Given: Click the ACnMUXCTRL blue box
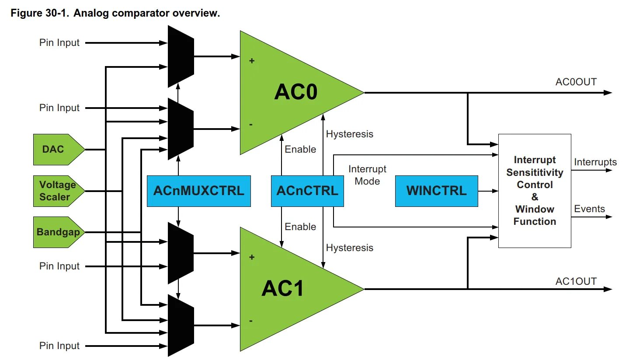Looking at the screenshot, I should pos(198,191).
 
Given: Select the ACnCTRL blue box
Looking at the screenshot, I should pos(307,191).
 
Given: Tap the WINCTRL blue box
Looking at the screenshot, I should pos(436,191).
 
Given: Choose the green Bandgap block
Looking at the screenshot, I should pos(57,232).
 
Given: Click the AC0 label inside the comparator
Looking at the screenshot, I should pos(296,92).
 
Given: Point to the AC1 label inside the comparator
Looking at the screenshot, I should pos(283,289).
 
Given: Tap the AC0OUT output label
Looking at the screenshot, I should pos(576,82).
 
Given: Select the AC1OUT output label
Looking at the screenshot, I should pos(576,282).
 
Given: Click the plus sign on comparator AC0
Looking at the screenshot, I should pos(252,61).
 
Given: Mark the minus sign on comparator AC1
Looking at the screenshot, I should pos(251,321).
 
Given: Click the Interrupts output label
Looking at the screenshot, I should pos(595,162).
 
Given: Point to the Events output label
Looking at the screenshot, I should pos(589,209).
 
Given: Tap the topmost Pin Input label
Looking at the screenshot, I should pos(59,43).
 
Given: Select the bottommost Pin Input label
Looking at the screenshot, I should pos(59,346).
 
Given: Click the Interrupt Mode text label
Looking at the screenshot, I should pos(367,175).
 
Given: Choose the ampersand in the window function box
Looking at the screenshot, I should pos(535,197).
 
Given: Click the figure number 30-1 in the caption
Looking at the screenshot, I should pos(57,13).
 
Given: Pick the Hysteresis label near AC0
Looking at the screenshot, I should pos(350,134).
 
